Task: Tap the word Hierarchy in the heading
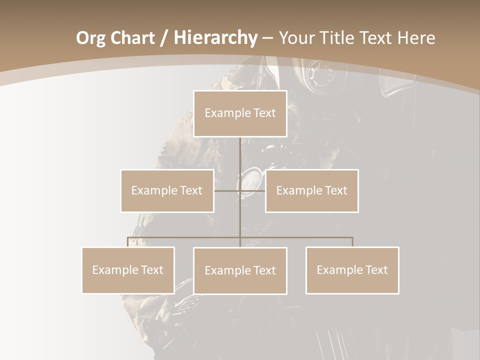tap(215, 38)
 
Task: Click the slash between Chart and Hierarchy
tap(164, 38)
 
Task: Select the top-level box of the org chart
tap(240, 113)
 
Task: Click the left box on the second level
tap(167, 190)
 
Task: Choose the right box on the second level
tap(311, 190)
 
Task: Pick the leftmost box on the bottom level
tap(128, 270)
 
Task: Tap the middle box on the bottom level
tap(240, 270)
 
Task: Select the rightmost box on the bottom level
tap(352, 270)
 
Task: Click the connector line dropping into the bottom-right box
tap(352, 242)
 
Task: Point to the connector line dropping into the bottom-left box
tap(128, 242)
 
